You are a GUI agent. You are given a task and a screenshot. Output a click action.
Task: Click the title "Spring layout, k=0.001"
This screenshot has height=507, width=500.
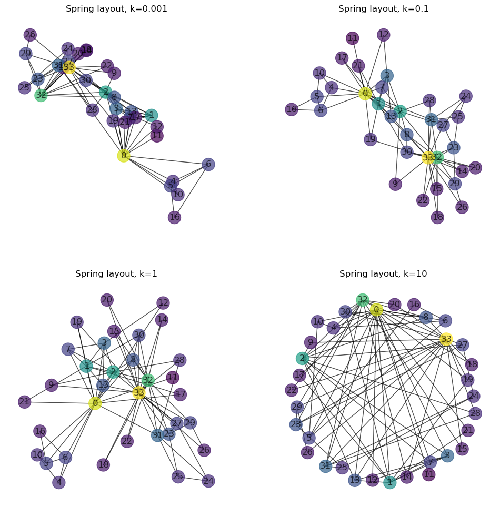tap(116, 9)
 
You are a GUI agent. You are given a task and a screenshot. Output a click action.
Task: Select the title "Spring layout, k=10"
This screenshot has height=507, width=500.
tap(383, 274)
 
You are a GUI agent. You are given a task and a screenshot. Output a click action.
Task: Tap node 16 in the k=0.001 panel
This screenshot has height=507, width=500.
tap(175, 217)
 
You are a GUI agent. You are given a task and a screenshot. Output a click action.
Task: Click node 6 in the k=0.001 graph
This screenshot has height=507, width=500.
tap(208, 164)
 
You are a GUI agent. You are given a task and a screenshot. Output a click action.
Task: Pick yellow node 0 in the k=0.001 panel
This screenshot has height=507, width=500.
tap(124, 156)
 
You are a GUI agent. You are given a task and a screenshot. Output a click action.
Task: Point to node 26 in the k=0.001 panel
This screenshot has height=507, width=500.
tap(30, 35)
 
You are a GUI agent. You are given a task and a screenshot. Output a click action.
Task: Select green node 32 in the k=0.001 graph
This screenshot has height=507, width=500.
tap(41, 95)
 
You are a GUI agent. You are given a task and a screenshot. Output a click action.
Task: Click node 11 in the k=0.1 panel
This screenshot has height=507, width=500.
tap(353, 38)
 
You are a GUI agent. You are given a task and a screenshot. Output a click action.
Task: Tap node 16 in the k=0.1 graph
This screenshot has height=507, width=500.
tap(292, 109)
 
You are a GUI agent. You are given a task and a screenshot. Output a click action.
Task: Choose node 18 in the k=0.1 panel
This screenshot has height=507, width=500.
tap(437, 217)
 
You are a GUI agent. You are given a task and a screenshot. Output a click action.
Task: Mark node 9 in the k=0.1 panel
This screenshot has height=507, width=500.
tap(395, 184)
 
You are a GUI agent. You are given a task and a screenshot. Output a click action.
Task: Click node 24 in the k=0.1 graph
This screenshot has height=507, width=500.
tap(466, 96)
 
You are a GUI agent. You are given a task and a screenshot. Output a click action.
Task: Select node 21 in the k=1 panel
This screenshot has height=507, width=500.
tap(25, 402)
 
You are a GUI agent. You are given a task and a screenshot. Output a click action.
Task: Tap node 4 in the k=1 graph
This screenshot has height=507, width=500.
tap(59, 482)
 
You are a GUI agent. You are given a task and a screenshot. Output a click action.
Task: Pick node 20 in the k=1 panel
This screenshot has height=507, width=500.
tap(107, 300)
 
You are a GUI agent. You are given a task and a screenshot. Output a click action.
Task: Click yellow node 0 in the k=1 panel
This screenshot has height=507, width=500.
tap(95, 403)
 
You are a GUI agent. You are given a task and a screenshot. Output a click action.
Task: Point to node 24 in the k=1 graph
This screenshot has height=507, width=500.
tap(208, 481)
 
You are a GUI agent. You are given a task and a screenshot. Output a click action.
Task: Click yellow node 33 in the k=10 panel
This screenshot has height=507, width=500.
tap(446, 339)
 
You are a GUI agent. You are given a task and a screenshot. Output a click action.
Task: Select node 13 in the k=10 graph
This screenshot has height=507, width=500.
tap(355, 480)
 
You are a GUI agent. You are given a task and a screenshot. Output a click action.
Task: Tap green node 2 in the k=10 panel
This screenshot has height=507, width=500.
tap(302, 359)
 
